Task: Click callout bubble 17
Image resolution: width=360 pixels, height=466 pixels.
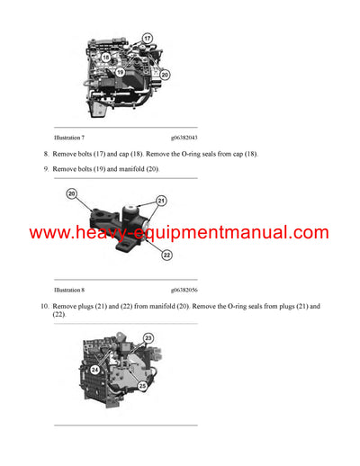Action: point(147,39)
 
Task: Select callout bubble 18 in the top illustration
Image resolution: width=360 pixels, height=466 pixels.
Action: point(105,56)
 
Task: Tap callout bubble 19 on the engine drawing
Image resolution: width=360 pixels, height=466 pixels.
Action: point(119,71)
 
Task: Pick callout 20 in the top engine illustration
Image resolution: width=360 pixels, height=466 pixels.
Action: point(165,75)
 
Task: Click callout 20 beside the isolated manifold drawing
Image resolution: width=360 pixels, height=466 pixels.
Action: point(71,193)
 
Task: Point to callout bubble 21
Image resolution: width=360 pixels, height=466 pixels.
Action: point(162,200)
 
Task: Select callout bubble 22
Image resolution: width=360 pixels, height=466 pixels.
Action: point(166,255)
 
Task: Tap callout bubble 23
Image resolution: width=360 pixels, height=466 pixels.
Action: point(148,338)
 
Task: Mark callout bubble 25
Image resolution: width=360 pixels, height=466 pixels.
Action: point(143,386)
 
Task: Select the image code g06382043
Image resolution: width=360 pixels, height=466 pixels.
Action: point(184,138)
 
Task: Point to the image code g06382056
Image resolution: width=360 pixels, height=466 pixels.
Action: point(184,291)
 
